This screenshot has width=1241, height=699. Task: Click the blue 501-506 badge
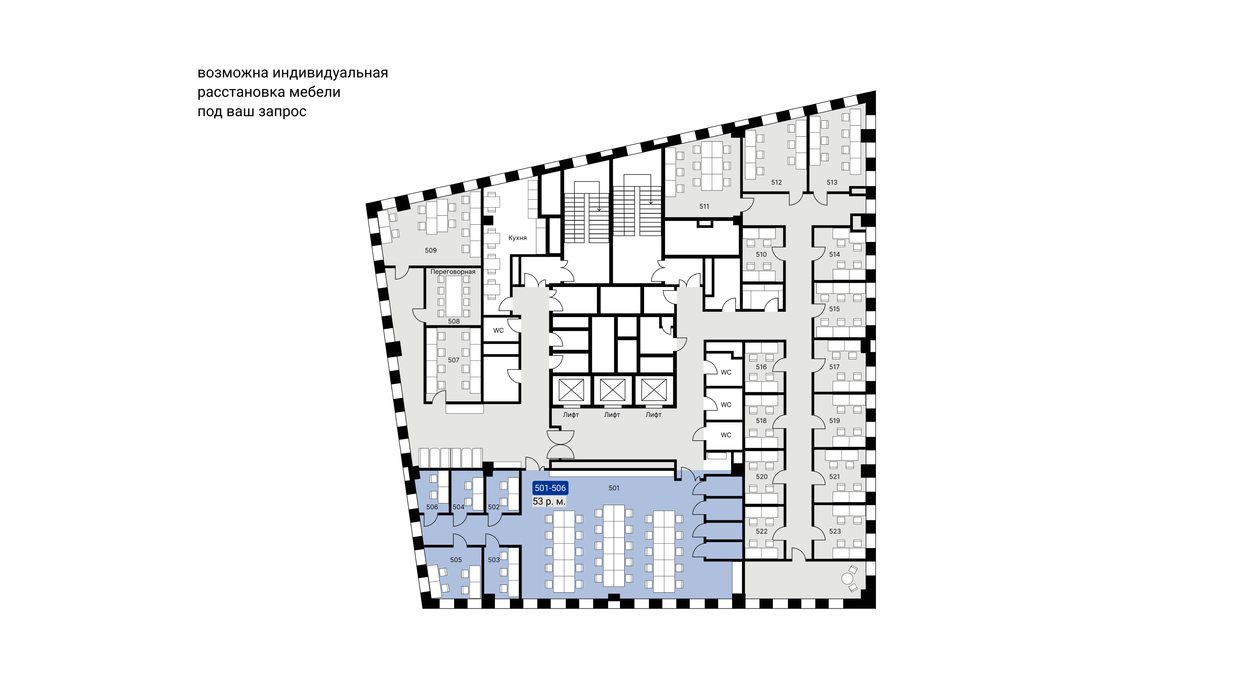(550, 488)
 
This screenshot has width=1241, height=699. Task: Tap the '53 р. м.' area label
(549, 501)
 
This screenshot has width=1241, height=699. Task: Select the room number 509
(431, 250)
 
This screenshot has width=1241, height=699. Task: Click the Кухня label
(517, 238)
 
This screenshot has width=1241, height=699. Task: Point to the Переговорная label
(453, 272)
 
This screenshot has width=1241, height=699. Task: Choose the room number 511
(704, 206)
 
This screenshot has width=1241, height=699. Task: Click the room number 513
(832, 182)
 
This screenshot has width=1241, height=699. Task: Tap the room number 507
(454, 360)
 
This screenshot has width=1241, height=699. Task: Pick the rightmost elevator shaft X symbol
(654, 390)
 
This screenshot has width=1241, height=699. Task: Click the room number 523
(835, 531)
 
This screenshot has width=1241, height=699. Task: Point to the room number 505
(456, 560)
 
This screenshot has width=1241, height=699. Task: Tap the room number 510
(761, 255)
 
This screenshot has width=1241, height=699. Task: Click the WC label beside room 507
(498, 330)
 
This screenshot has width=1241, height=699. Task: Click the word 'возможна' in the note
(233, 73)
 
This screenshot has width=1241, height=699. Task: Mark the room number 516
(761, 367)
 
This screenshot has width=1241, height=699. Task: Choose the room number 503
(494, 560)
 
